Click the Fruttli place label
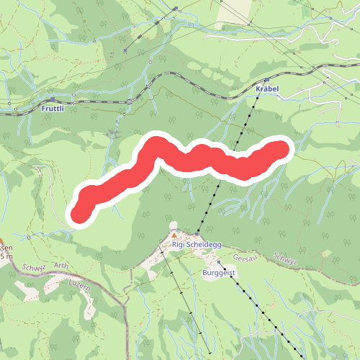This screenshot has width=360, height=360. [x=53, y=109]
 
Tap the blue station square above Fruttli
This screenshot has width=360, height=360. [x=53, y=100]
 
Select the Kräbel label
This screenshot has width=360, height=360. [x=266, y=89]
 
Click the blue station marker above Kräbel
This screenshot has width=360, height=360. [x=266, y=81]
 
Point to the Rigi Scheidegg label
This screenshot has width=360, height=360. [x=197, y=245]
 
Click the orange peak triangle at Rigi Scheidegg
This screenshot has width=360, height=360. [x=174, y=235]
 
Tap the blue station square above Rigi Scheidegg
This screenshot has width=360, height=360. [x=197, y=235]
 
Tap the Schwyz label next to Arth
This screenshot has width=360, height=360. [x=34, y=266]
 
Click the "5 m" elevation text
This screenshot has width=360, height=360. [x=6, y=256]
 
